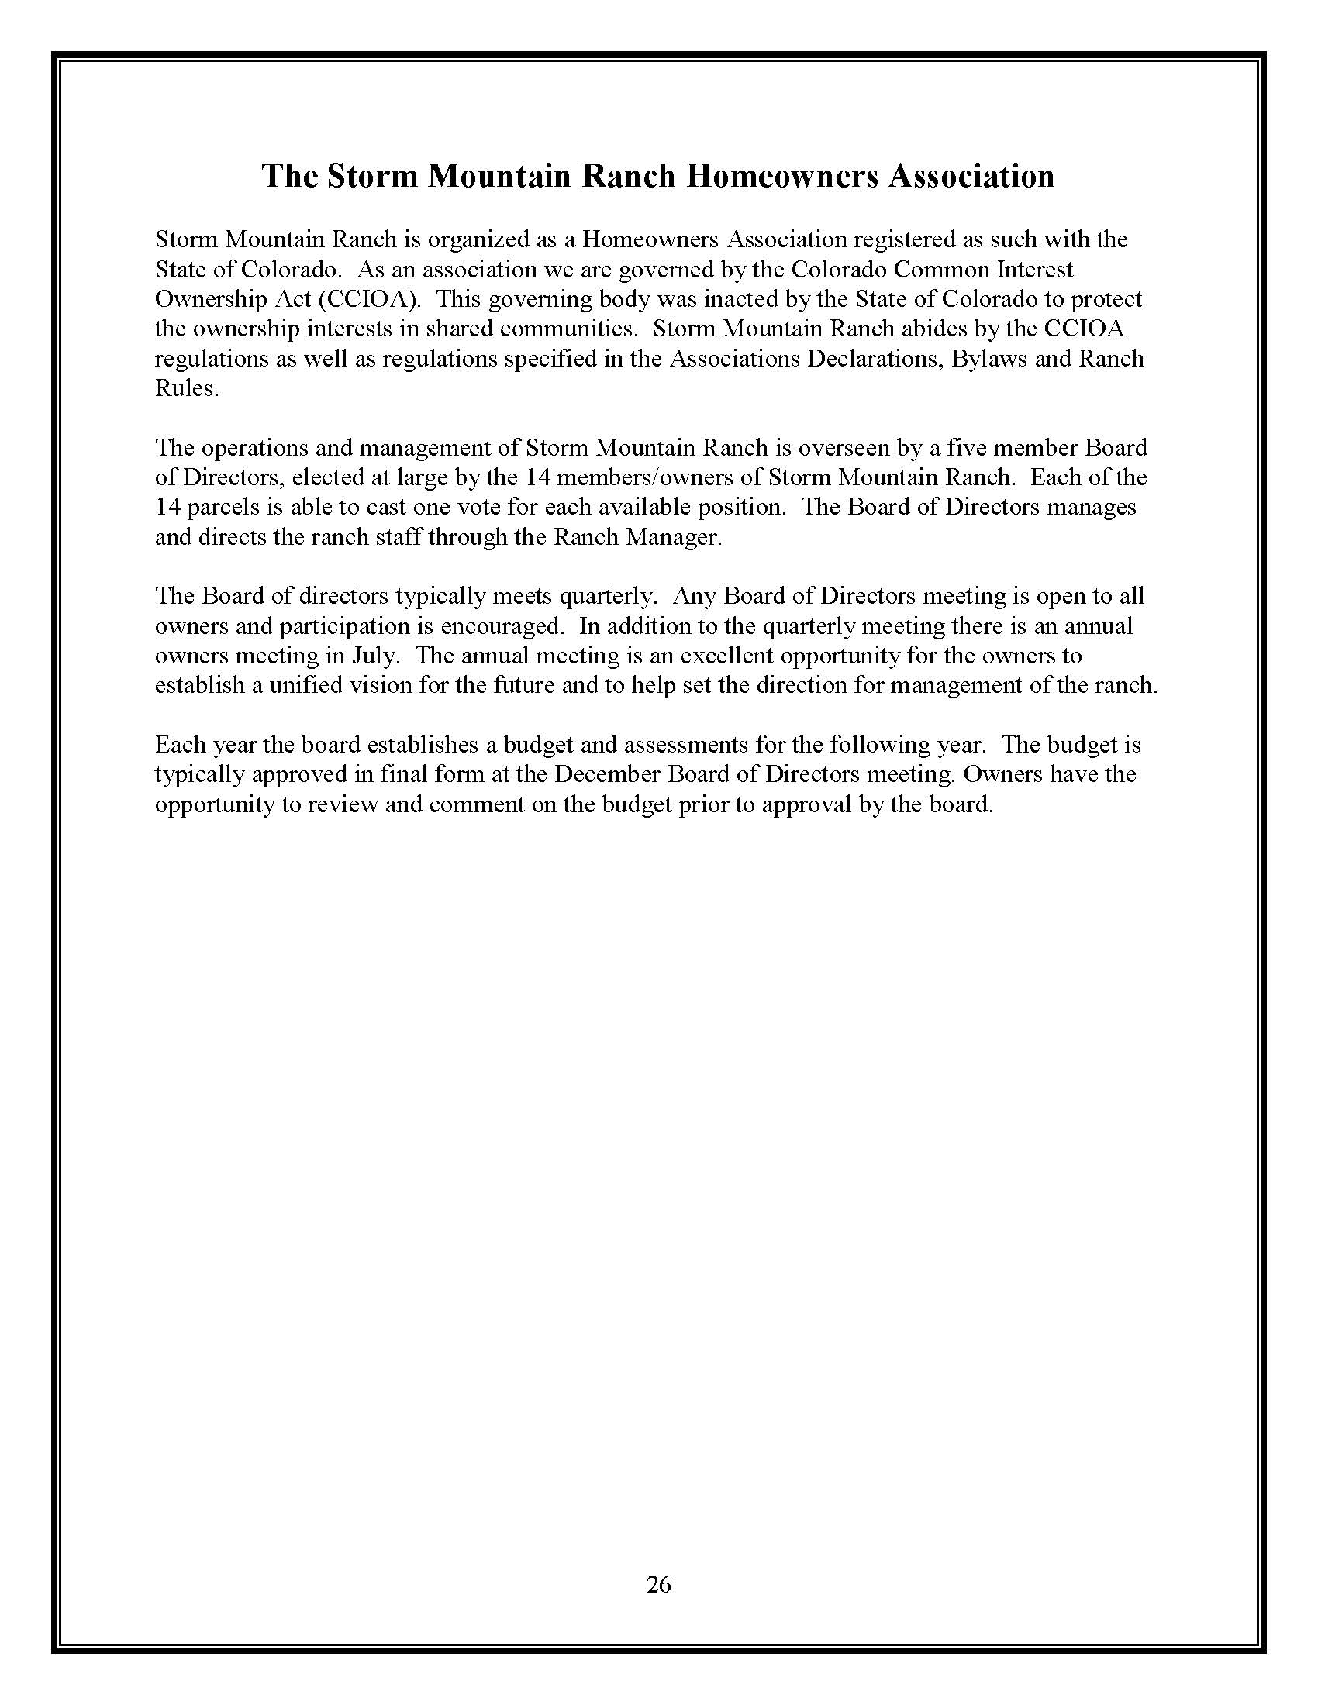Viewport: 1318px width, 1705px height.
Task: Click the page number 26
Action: click(659, 1584)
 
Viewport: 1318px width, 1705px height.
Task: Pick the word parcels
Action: click(216, 508)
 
